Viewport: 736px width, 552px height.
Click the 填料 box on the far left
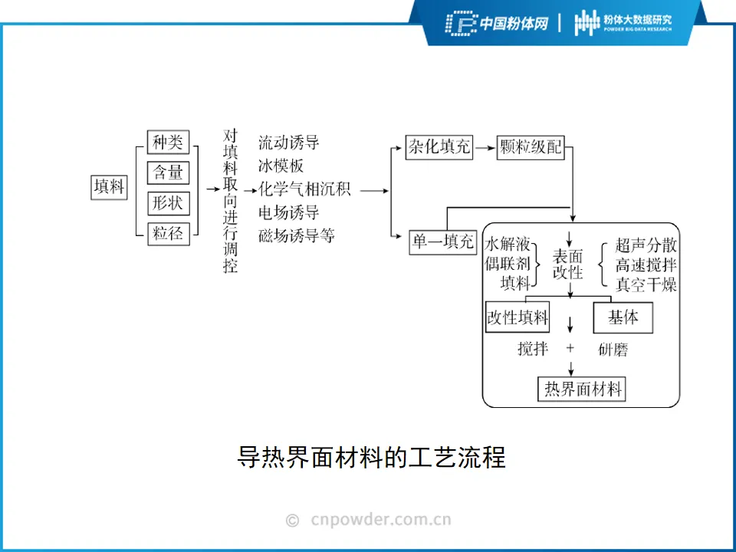point(108,187)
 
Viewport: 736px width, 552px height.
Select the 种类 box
point(168,143)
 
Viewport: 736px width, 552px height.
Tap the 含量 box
point(168,172)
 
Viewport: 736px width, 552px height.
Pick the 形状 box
point(168,203)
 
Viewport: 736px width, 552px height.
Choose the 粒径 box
point(168,233)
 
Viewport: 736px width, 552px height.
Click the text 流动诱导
point(288,143)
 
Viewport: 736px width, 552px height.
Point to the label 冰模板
point(281,166)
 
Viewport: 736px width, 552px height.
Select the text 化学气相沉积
point(304,189)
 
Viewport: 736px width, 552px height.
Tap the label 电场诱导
point(288,212)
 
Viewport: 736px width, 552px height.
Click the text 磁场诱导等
point(296,235)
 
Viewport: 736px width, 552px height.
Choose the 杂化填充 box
point(439,146)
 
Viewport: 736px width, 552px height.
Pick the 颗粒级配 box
point(531,146)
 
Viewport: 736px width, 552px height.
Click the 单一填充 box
point(443,242)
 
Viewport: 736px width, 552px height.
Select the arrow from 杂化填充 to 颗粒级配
point(485,146)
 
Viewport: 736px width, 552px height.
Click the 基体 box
point(623,317)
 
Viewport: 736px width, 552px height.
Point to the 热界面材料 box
point(582,389)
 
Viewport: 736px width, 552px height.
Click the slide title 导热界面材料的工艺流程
point(371,458)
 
